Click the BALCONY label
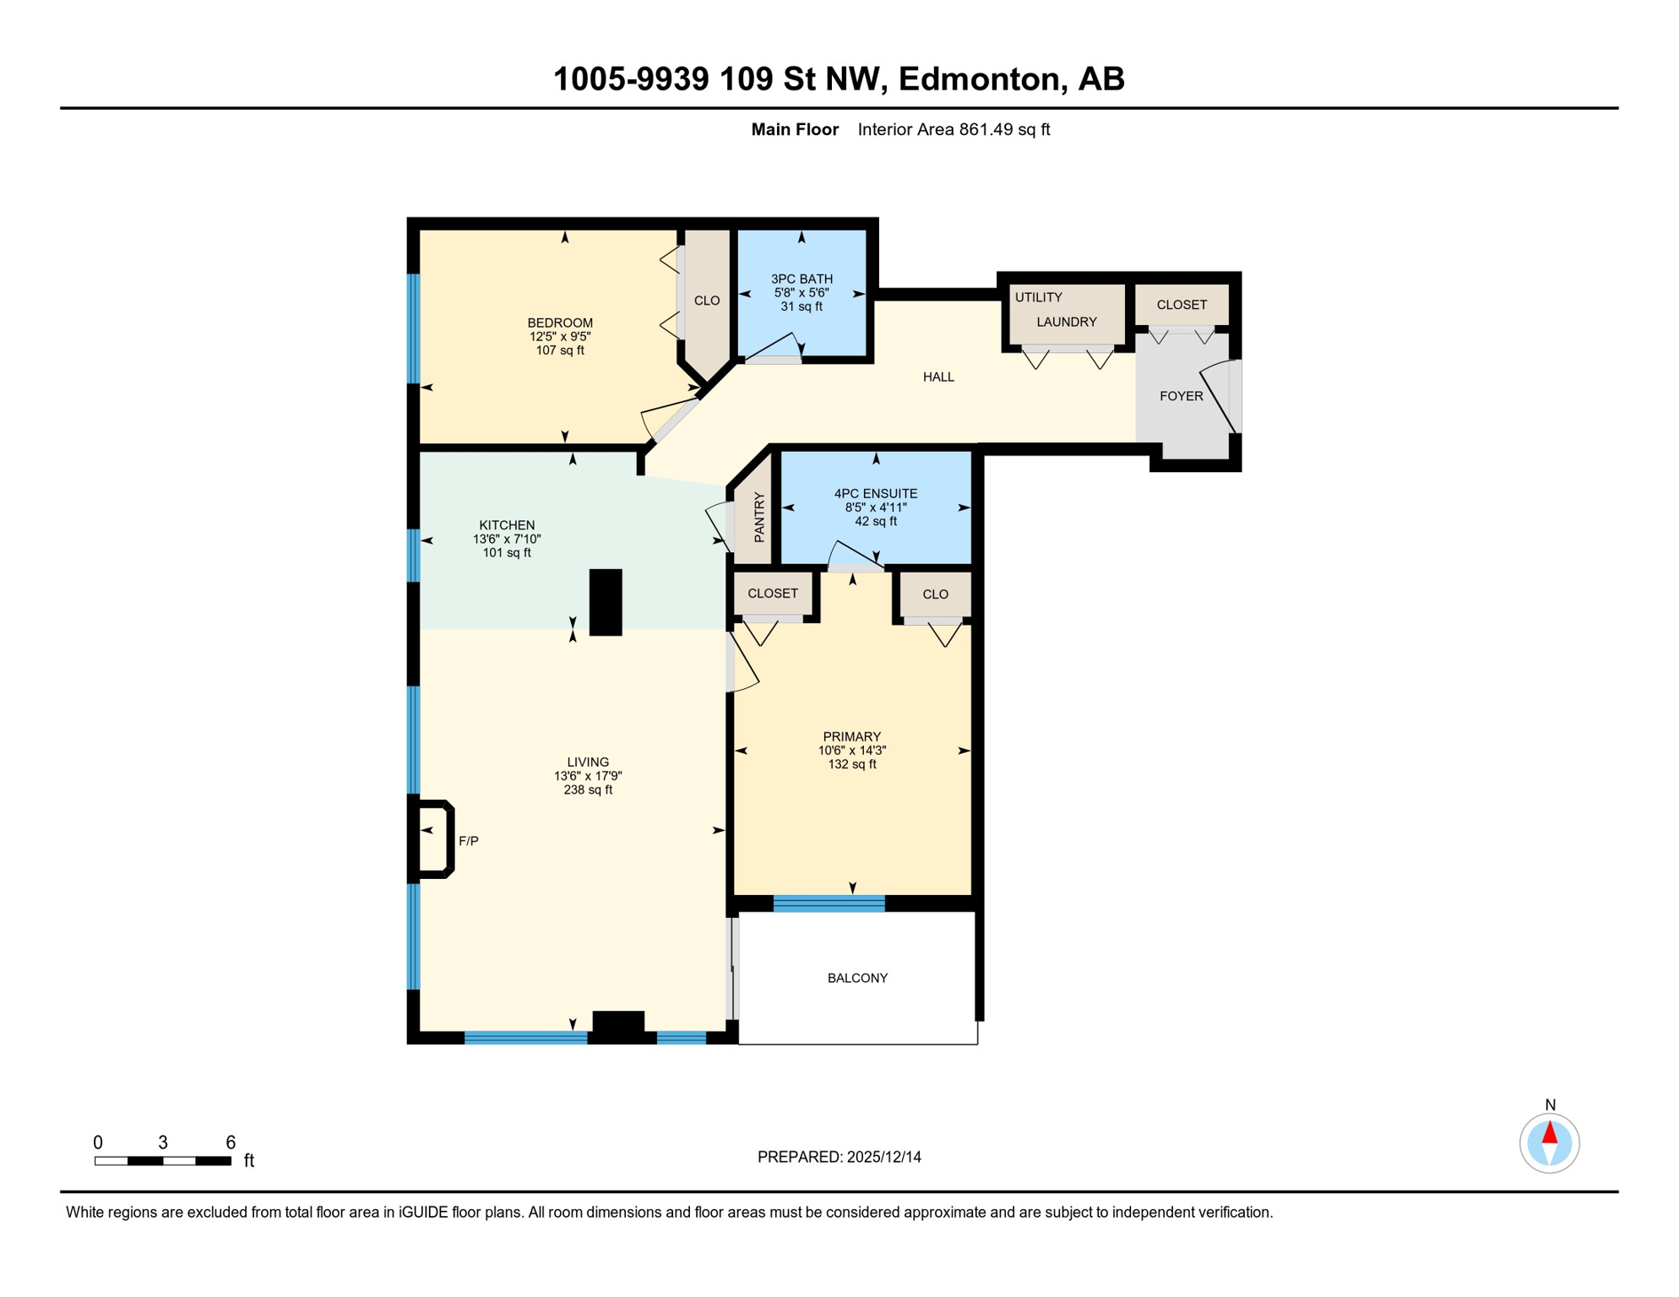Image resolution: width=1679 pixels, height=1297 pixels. (x=857, y=978)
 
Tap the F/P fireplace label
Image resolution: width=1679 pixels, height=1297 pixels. (x=469, y=841)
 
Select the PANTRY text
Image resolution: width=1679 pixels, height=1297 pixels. (x=759, y=518)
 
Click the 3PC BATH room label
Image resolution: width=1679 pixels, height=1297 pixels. (x=801, y=279)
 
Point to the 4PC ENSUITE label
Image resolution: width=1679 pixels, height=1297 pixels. (x=876, y=493)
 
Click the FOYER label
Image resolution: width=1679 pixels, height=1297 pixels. (x=1181, y=396)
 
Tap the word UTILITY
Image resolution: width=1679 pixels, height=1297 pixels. (x=1038, y=297)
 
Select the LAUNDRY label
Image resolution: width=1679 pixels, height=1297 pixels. (x=1067, y=322)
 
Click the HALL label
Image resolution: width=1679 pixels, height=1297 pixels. (x=938, y=377)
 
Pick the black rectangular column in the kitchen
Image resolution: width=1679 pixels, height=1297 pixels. (x=606, y=602)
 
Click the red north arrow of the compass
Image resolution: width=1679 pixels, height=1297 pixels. (x=1550, y=1132)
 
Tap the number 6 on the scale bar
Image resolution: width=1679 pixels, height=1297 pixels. (x=231, y=1142)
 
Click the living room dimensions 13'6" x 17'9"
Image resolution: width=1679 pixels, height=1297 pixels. (x=588, y=776)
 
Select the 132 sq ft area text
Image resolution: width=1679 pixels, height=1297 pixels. (x=852, y=764)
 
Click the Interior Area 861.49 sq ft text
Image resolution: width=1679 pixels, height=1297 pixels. (x=954, y=129)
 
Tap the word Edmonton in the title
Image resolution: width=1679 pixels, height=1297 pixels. (x=978, y=79)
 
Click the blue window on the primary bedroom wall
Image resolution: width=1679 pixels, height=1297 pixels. (x=829, y=904)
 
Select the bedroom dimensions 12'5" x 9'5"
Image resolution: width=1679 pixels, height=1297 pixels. (x=560, y=336)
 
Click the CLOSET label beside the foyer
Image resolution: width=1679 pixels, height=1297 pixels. (x=1182, y=305)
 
